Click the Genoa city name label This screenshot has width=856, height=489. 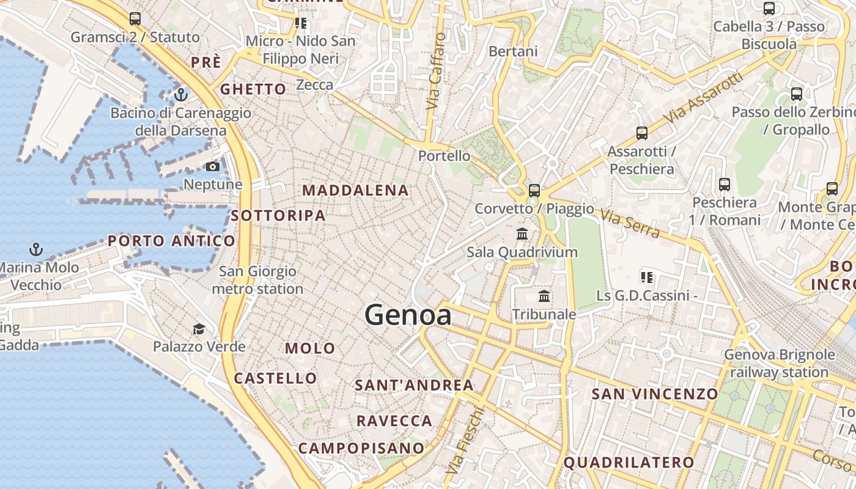coord(408,315)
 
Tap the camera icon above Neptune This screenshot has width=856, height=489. coord(213,166)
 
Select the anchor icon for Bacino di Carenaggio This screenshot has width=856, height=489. coord(180,95)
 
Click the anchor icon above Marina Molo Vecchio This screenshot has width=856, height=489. coord(36,249)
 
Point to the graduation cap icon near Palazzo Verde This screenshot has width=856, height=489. coord(199,329)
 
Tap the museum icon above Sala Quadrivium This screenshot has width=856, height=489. coord(522,233)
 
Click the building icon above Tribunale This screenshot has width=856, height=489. coord(544,296)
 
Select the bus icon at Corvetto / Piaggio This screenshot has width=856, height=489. coord(534,190)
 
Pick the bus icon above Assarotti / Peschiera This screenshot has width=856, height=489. coord(641,133)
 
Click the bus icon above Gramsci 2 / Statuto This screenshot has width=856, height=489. coord(135,19)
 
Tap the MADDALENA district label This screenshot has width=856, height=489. coord(355,190)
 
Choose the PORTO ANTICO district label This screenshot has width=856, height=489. coord(171,241)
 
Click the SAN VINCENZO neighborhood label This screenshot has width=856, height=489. coord(654,394)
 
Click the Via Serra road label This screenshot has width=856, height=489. coord(630,224)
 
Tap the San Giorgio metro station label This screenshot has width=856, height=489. coord(257,280)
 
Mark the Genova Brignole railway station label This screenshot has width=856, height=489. coord(779,363)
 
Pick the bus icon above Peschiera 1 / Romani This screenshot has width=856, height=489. coord(725,184)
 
